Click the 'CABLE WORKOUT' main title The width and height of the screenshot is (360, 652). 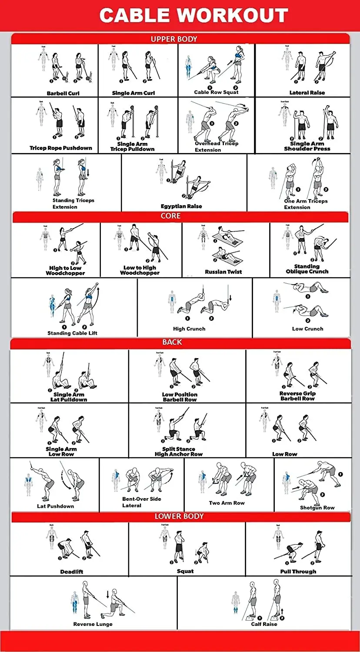193,16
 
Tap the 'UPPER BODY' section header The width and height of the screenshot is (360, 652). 174,39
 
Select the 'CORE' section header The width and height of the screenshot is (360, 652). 170,216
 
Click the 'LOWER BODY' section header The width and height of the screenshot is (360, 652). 179,516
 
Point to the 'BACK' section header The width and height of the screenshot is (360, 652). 172,343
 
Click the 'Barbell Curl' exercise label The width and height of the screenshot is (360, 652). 63,93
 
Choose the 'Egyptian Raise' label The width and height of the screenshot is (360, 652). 181,206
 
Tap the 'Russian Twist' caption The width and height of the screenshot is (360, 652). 223,272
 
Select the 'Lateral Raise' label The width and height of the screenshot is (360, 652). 307,93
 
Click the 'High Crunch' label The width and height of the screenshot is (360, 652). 189,329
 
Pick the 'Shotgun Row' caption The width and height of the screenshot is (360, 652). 317,508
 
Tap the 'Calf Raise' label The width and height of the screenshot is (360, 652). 264,624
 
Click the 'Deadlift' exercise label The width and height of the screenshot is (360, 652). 72,572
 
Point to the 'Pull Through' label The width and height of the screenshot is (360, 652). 298,572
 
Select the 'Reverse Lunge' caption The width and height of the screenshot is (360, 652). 93,624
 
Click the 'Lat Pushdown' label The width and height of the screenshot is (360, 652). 56,506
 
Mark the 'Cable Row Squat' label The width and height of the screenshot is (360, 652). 216,93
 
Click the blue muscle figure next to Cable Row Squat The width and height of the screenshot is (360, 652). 188,67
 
